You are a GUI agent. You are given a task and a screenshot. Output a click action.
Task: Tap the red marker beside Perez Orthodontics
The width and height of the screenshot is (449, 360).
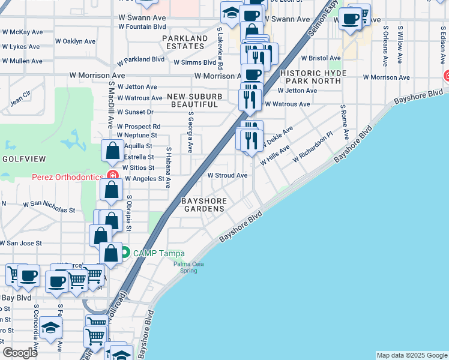(x=112, y=175)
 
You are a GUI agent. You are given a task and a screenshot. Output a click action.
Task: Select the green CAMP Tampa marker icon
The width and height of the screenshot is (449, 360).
(x=125, y=253)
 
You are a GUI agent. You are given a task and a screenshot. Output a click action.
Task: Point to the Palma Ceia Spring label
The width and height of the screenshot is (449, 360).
(x=188, y=267)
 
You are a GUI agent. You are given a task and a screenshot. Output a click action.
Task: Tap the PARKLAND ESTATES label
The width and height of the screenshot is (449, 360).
(x=184, y=42)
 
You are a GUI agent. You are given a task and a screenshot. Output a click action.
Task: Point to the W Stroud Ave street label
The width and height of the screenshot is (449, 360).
(x=228, y=176)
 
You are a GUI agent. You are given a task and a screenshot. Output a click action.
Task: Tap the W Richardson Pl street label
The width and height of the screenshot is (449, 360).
(x=312, y=148)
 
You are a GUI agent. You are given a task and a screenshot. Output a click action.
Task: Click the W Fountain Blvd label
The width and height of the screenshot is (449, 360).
(x=142, y=27)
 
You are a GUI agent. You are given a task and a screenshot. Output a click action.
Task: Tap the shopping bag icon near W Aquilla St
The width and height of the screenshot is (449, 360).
(x=112, y=151)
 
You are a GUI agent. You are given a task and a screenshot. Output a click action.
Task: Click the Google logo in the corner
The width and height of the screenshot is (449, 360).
(x=20, y=353)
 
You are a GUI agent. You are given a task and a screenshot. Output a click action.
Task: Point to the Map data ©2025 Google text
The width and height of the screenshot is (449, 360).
(x=411, y=355)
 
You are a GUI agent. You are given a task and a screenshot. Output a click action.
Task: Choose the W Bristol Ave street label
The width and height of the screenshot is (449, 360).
(x=321, y=58)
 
